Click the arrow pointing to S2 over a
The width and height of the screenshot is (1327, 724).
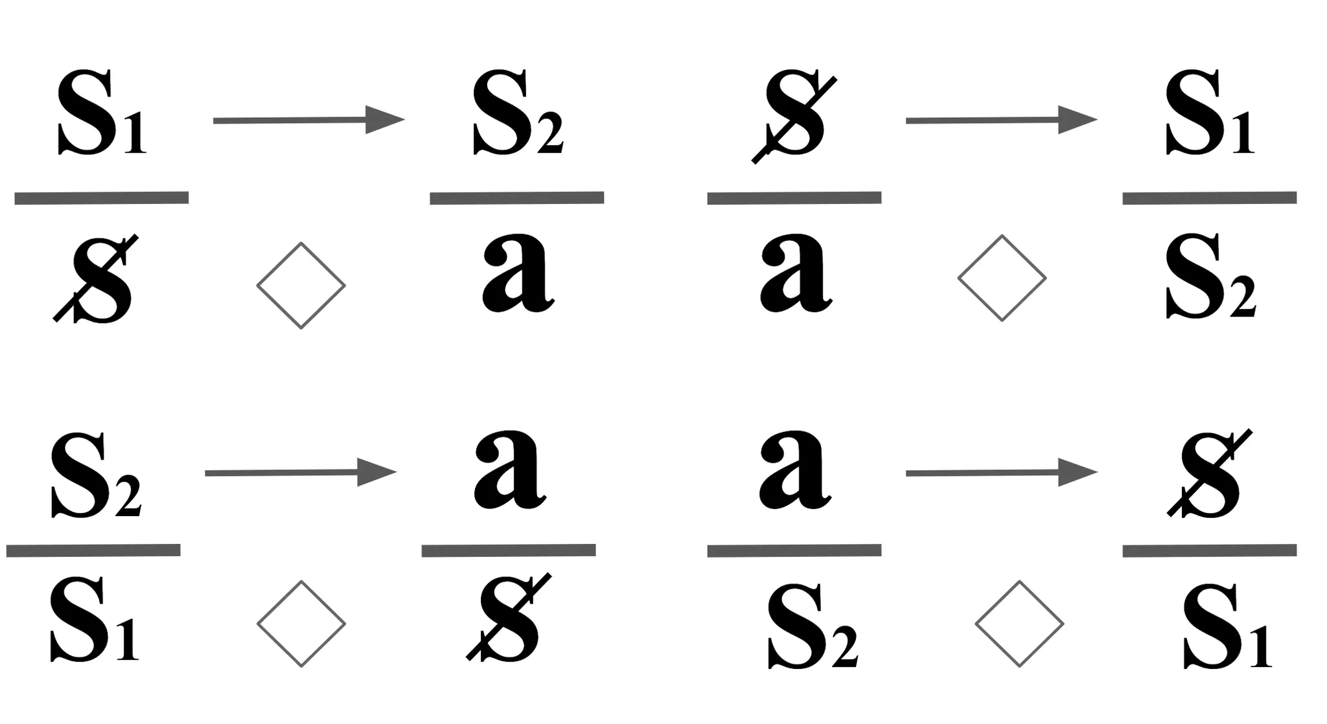(x=308, y=120)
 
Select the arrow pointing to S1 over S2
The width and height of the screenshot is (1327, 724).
(x=1001, y=120)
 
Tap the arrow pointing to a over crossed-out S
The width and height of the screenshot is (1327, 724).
(x=301, y=473)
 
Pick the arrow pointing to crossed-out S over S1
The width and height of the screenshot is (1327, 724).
(x=1001, y=473)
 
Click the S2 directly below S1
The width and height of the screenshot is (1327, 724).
(x=1210, y=275)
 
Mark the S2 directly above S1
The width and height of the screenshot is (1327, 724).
(x=95, y=476)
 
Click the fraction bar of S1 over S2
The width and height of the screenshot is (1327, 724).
(x=1209, y=198)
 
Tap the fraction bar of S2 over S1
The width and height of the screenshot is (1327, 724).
(x=93, y=550)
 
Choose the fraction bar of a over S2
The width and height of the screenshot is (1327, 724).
(x=794, y=550)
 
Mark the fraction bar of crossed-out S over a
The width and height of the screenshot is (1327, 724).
(x=794, y=198)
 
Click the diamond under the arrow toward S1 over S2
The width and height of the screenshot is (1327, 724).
(x=1001, y=278)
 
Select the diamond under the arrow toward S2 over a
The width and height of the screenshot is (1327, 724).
(x=301, y=285)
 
